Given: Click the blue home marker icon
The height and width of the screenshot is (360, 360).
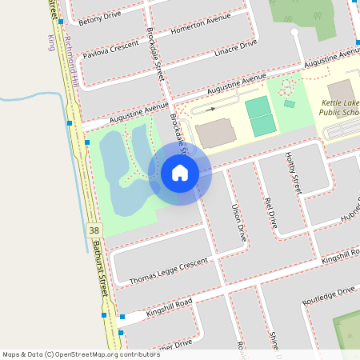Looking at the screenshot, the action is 180,173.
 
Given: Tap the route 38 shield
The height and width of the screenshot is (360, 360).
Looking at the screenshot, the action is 95,230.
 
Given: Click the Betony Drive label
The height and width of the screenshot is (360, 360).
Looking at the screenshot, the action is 100,15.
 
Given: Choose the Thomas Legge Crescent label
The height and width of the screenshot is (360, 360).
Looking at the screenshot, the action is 170,270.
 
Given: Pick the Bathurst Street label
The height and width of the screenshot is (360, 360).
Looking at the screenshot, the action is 101,268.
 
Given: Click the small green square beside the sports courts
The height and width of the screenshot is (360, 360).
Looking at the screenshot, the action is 289,104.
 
